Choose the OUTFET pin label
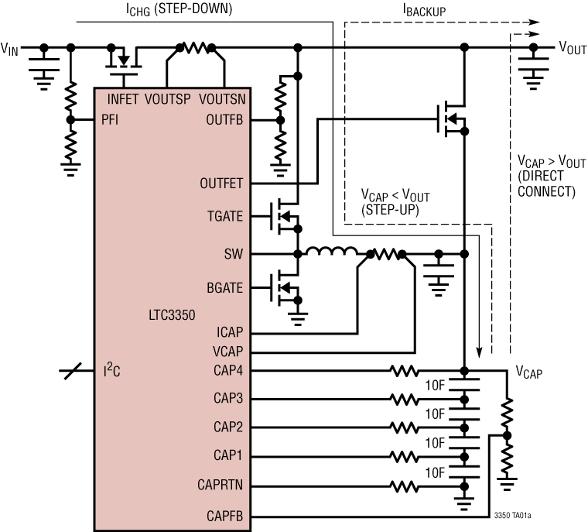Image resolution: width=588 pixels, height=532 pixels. coord(222,184)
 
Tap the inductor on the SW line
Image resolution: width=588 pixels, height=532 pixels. coord(331,252)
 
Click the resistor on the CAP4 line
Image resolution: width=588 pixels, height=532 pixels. coord(405,371)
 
